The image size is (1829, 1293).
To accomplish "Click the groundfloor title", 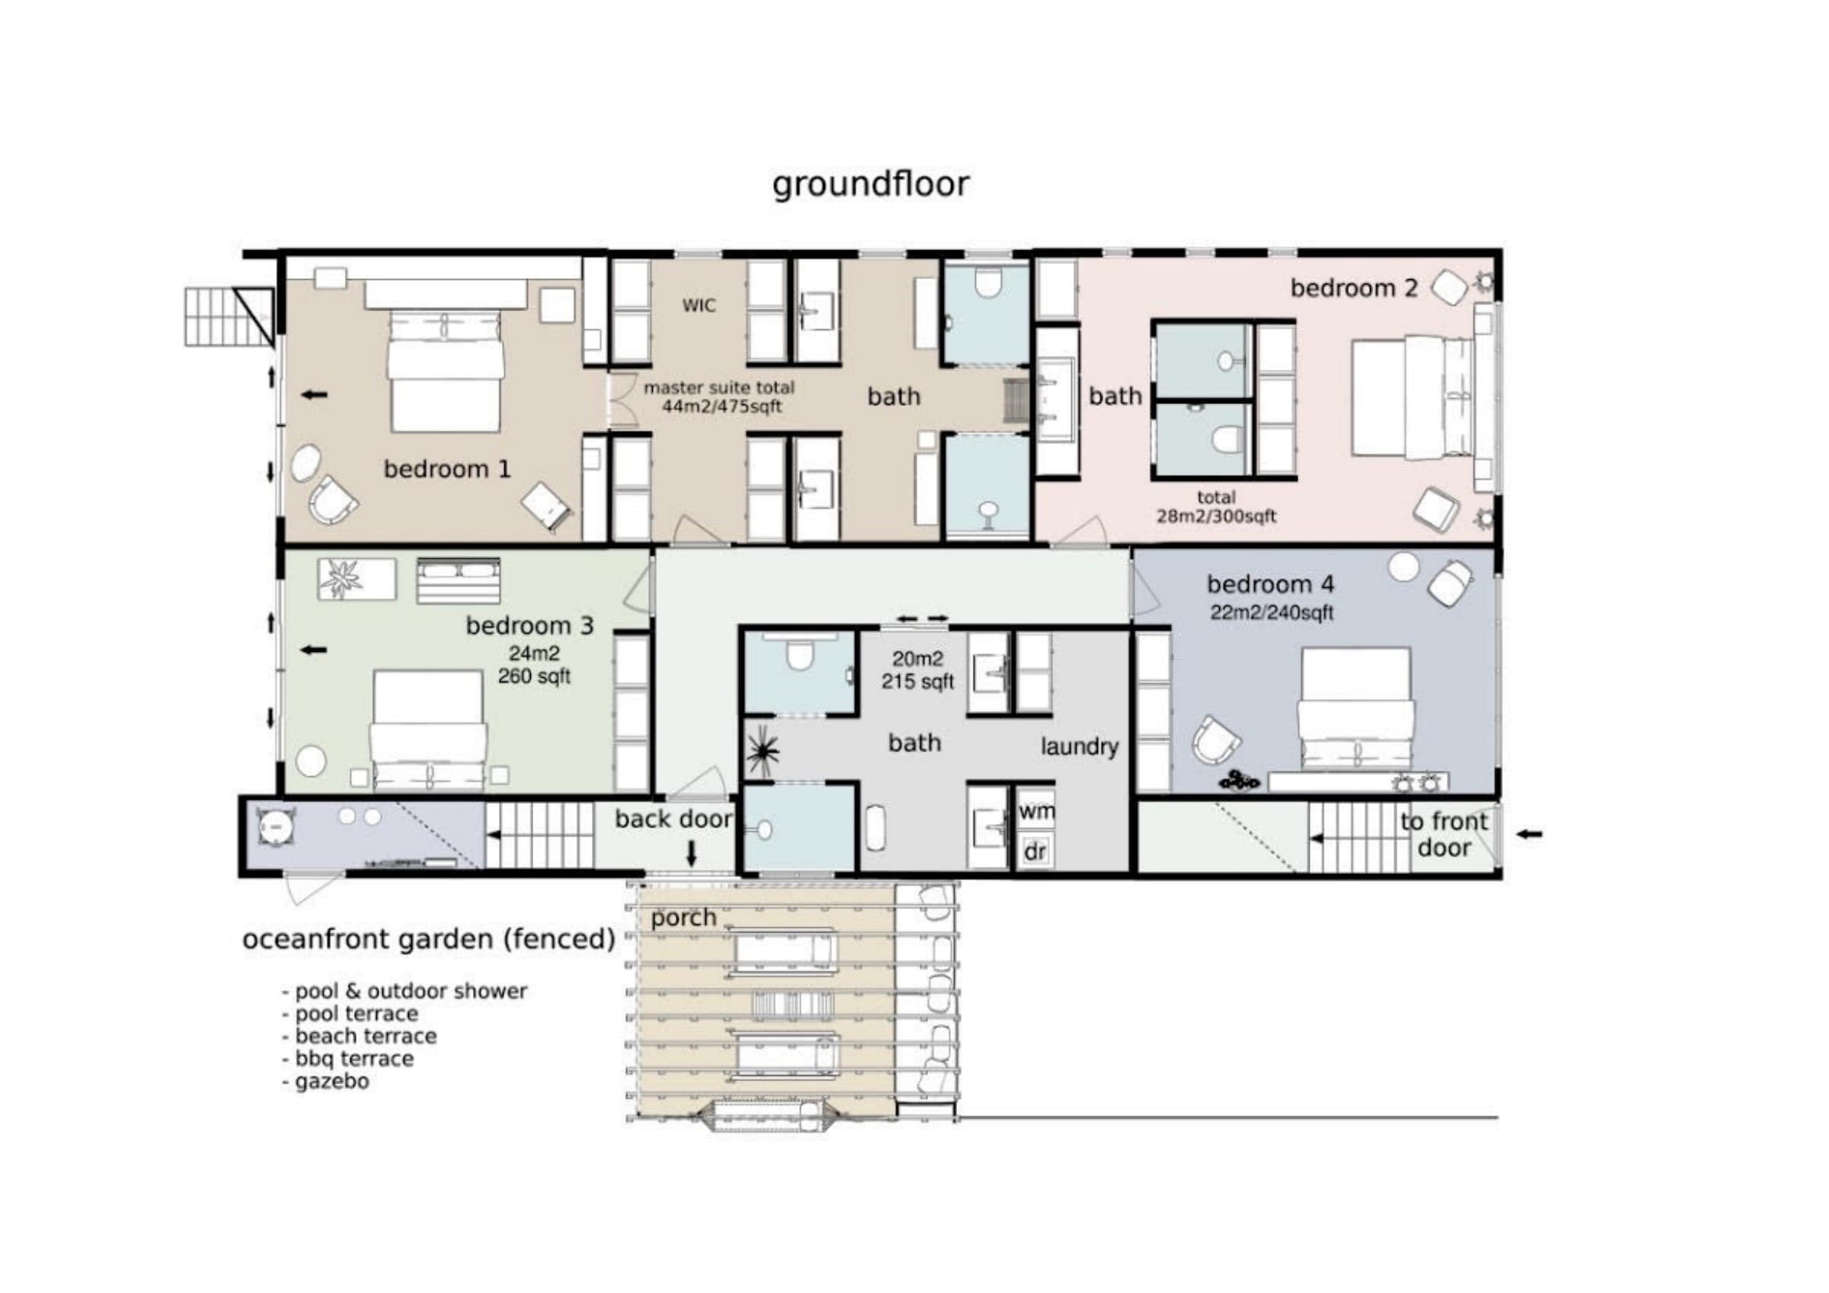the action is tap(870, 184).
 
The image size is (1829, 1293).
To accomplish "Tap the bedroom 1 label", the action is tap(447, 469).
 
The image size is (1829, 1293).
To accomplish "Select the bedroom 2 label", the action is tap(1354, 288).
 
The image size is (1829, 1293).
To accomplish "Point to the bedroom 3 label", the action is tap(529, 626).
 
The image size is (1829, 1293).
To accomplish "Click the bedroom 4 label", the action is tap(1270, 585).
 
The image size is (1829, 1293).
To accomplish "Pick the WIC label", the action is tap(698, 306).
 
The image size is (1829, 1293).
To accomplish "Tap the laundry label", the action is tap(1079, 747).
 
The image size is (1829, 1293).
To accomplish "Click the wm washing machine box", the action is tap(1035, 812).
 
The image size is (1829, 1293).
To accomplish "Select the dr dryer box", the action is tap(1035, 852).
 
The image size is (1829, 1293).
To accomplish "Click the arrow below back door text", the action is tap(691, 854).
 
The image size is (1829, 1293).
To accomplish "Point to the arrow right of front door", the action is tap(1529, 834).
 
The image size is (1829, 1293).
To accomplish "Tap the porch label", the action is tap(683, 919).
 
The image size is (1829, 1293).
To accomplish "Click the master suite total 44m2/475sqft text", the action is tap(719, 397).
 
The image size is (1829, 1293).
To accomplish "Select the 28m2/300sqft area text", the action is tap(1217, 516).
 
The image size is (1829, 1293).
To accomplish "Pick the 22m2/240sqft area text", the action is tap(1271, 612).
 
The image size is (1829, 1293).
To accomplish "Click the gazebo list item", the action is tap(326, 1082).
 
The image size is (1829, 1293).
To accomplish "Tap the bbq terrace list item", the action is tap(348, 1059).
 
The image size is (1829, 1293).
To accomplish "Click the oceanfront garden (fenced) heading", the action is tap(429, 940).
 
